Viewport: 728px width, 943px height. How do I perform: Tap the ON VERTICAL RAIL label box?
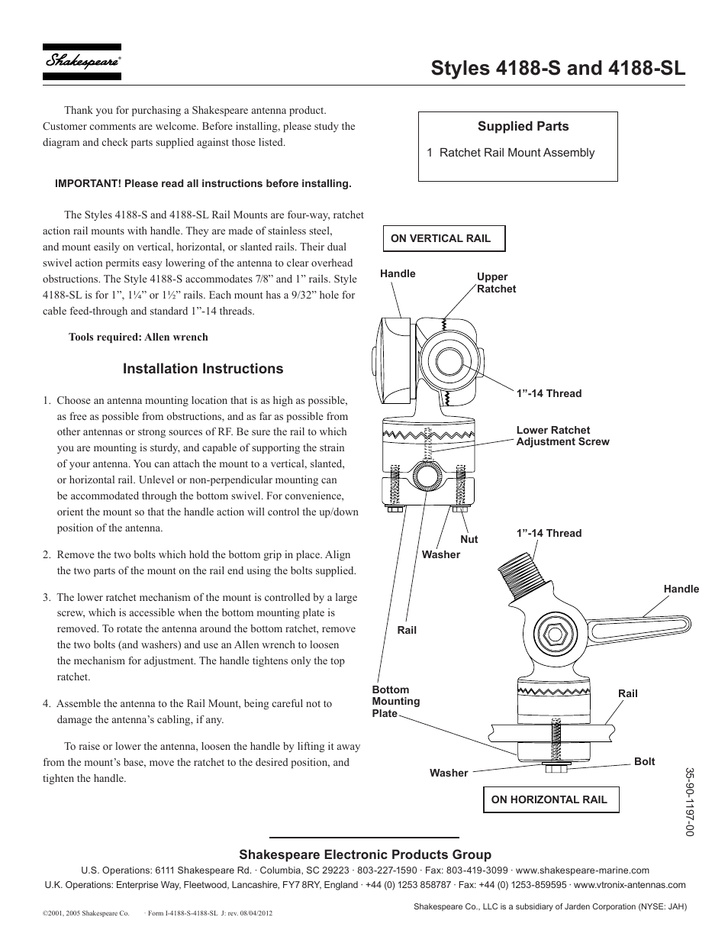444,238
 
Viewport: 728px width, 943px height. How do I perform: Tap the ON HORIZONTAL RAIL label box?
550,799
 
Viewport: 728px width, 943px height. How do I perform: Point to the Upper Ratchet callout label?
496,283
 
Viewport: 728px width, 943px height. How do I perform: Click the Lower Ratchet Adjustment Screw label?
562,436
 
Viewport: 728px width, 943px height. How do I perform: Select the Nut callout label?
469,539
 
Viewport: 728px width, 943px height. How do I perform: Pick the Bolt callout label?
644,761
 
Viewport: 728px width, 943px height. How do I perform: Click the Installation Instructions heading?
203,369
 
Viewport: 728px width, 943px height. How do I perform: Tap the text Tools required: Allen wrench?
138,337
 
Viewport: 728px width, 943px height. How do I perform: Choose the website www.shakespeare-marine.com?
593,870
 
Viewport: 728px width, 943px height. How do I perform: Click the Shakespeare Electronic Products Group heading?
365,854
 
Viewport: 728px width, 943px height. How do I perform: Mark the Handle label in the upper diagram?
398,273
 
